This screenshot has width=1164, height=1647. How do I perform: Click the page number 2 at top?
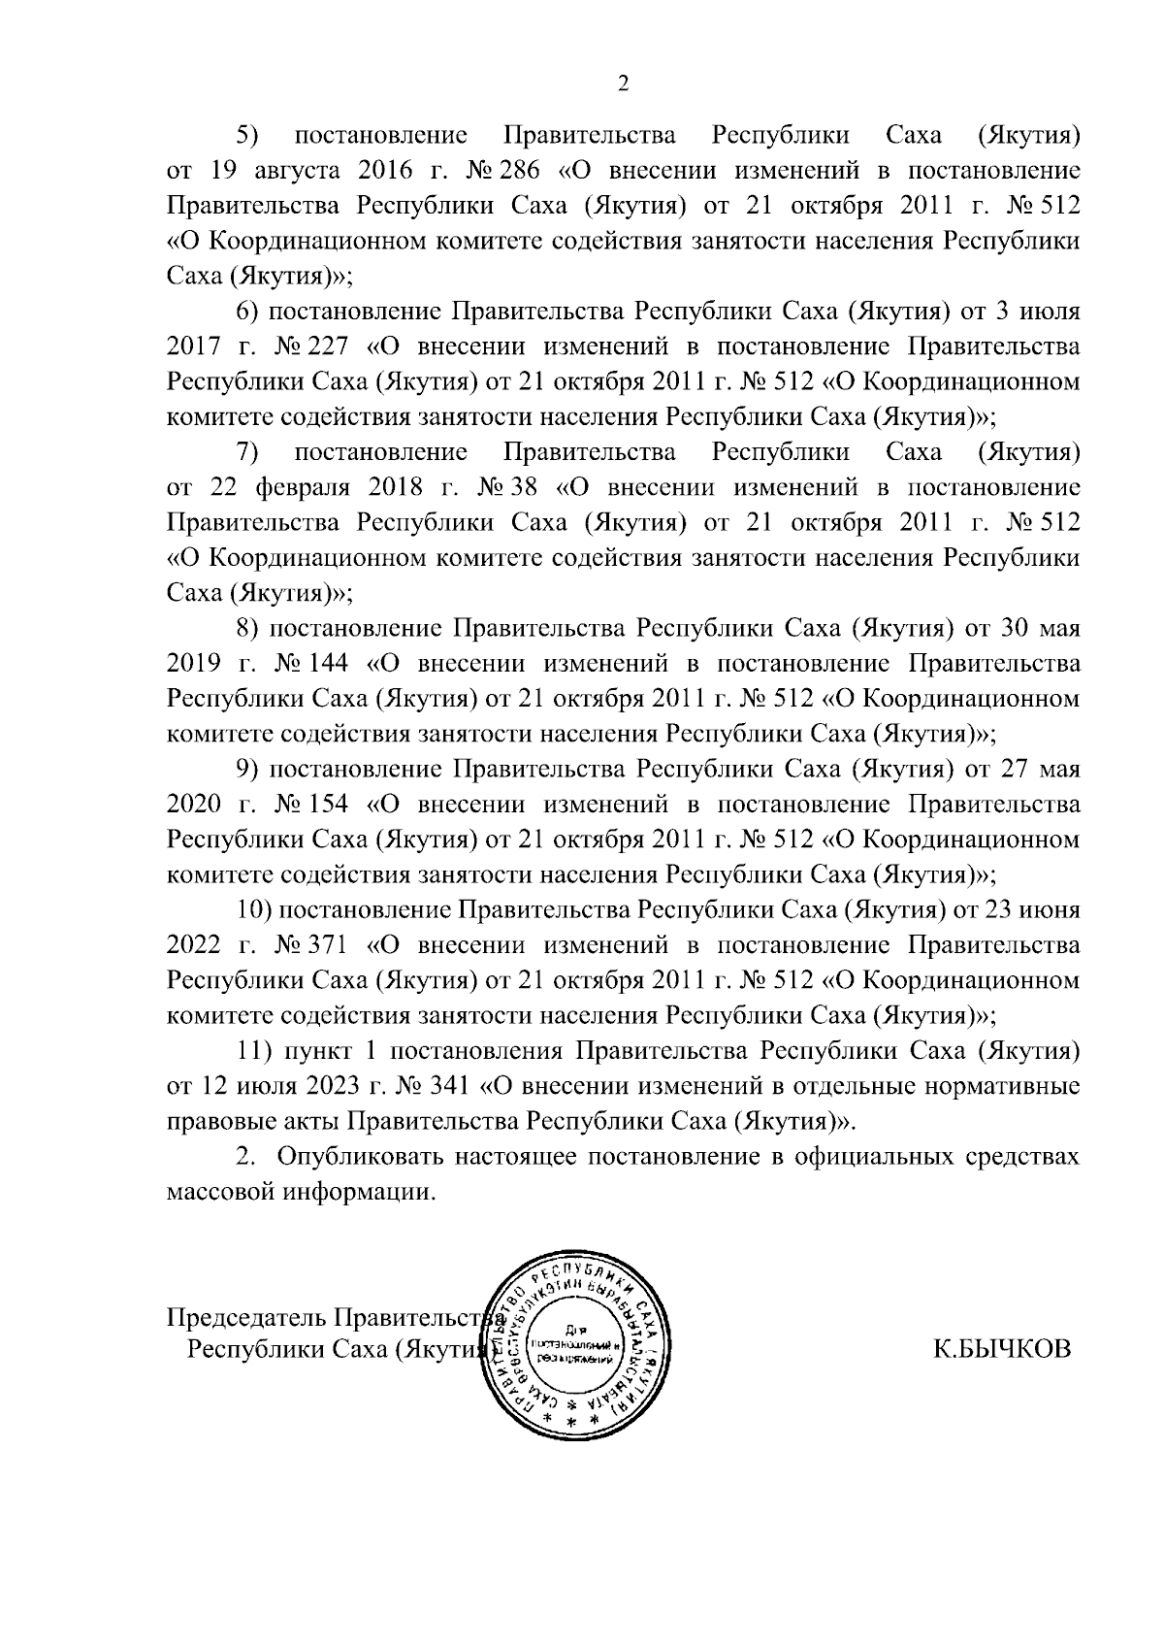tap(624, 84)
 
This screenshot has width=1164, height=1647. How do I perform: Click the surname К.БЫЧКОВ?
tap(1002, 1350)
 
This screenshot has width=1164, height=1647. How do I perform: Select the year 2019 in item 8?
tap(195, 664)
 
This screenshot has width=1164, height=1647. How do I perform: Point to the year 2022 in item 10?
tap(195, 945)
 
